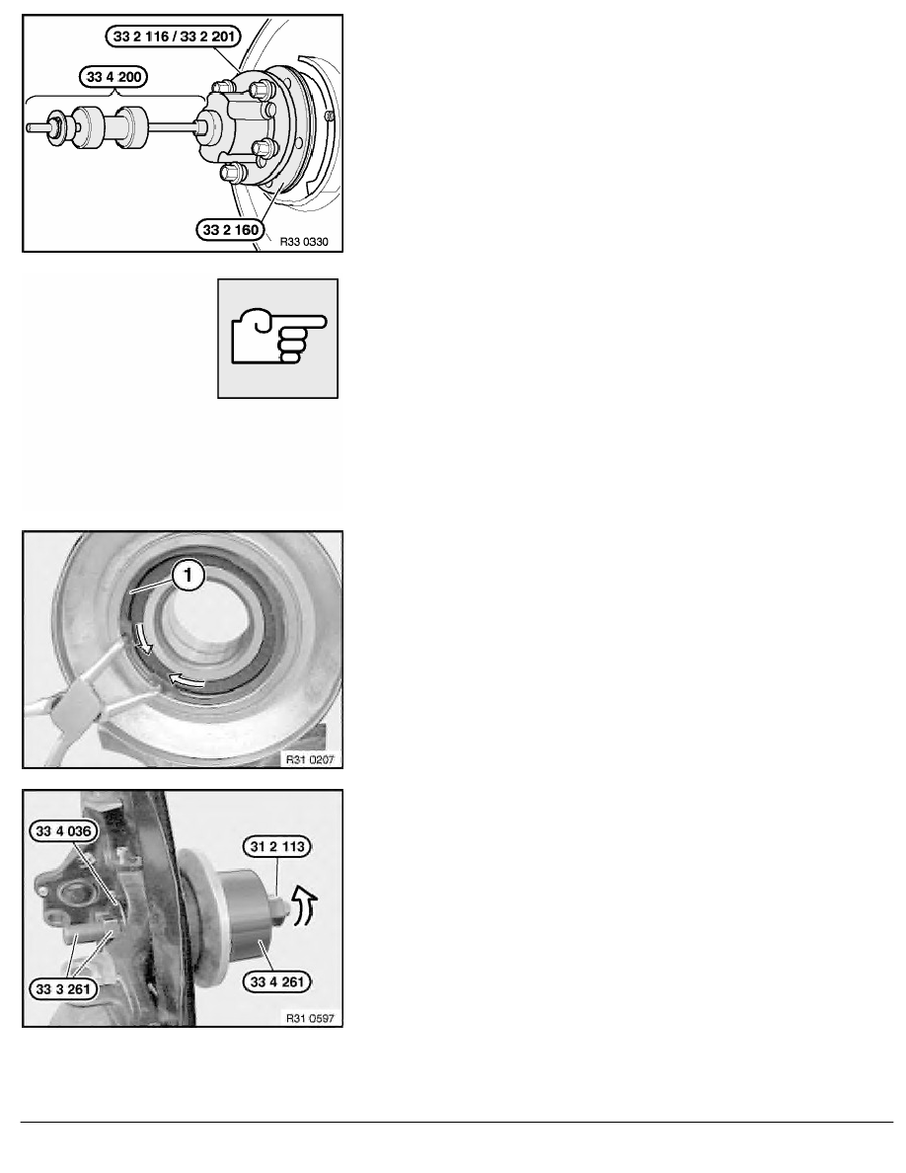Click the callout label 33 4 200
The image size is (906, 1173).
point(113,77)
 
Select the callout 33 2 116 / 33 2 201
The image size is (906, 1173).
point(174,36)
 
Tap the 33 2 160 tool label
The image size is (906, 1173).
point(231,230)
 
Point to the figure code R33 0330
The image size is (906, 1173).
point(304,242)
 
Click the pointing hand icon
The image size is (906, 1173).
point(278,339)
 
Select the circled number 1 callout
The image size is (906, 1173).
point(189,576)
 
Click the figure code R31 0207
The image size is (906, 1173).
point(310,760)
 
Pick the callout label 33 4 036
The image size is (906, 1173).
point(63,831)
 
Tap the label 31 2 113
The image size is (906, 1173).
point(277,847)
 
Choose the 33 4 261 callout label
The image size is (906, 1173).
point(278,981)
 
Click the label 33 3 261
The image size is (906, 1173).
point(63,989)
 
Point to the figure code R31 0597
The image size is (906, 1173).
point(310,1018)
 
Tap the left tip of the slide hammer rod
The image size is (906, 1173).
point(28,128)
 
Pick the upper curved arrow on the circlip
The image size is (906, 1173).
point(143,638)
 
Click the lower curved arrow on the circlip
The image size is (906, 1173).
point(187,680)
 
